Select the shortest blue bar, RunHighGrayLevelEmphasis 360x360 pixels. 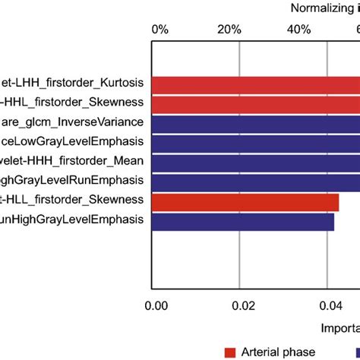tap(244, 221)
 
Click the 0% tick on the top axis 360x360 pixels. tap(160, 29)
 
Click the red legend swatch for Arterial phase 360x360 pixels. tap(230, 352)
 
